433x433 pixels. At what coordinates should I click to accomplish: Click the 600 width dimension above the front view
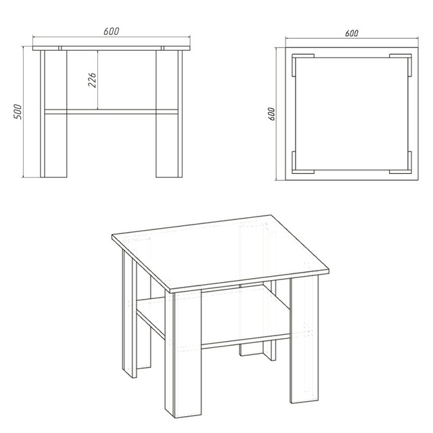[x=112, y=31]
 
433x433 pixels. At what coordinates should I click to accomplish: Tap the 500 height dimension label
[x=18, y=112]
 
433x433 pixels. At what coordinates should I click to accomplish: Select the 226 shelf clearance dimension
[x=92, y=80]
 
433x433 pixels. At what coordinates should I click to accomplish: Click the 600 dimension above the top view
[x=352, y=33]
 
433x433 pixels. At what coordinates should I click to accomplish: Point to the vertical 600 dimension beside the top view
[x=271, y=114]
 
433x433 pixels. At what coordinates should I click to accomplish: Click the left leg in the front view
[x=53, y=114]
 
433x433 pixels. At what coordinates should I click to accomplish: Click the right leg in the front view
[x=169, y=114]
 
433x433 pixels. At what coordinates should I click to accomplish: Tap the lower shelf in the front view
[x=111, y=112]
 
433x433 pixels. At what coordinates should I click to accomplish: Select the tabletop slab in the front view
[x=112, y=48]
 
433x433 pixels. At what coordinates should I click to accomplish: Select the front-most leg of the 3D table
[x=183, y=353]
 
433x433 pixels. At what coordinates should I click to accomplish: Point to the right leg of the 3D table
[x=304, y=339]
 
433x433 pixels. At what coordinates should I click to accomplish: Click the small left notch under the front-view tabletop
[x=60, y=48]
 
